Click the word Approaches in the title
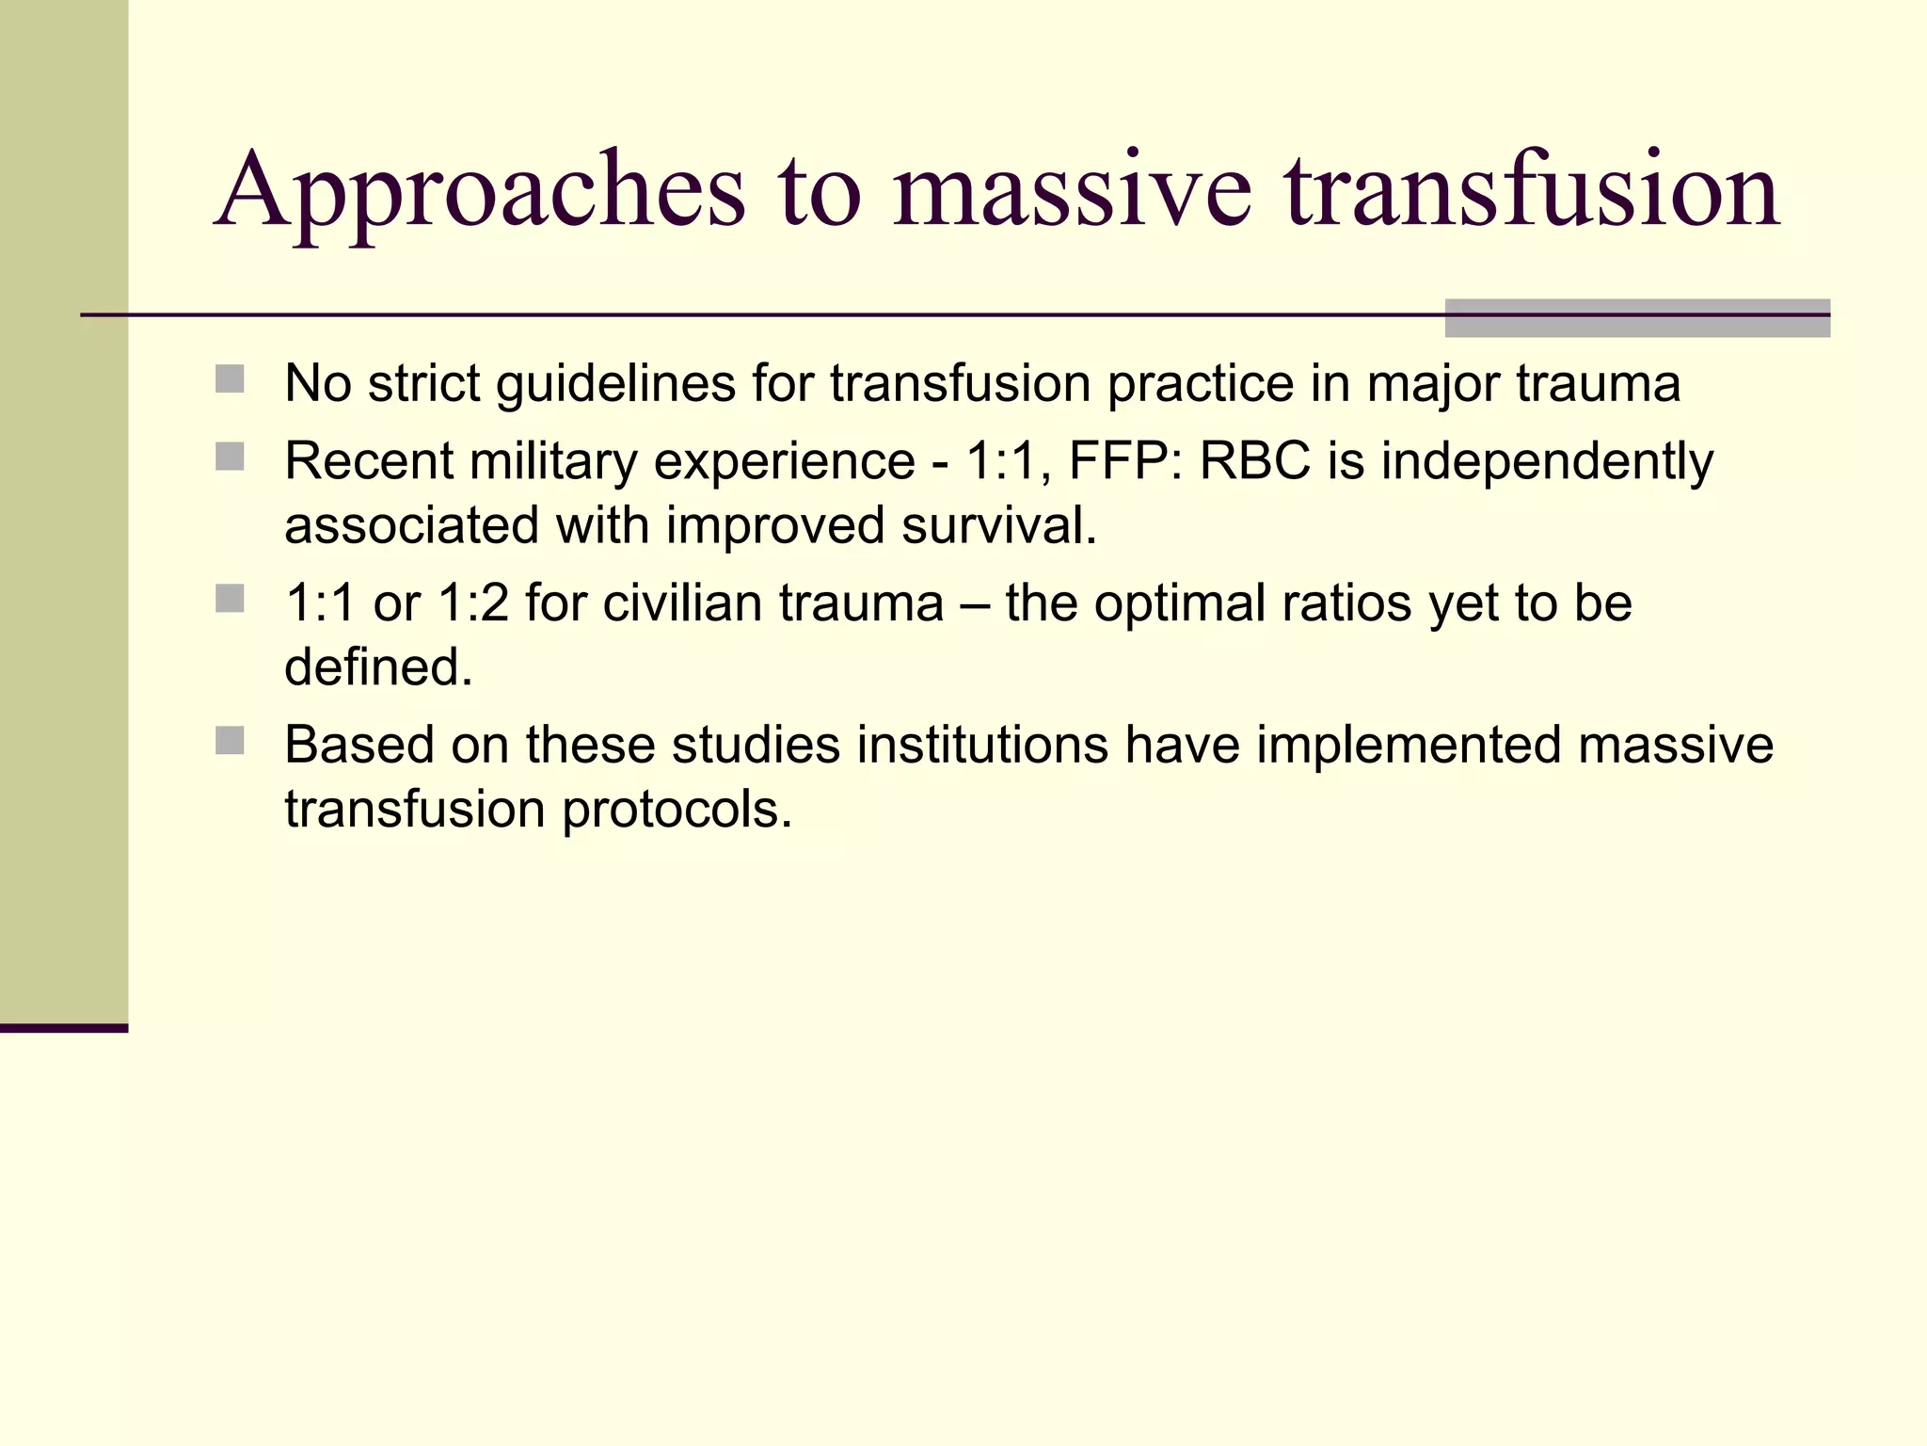[x=480, y=193]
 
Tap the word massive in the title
[x=1072, y=193]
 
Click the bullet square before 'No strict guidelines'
[x=230, y=379]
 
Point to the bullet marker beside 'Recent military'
[x=230, y=458]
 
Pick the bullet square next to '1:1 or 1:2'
[x=230, y=599]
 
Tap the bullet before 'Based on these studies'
[x=230, y=741]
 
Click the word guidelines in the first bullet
[x=615, y=384]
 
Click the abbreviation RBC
[x=1254, y=461]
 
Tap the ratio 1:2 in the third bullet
[x=473, y=603]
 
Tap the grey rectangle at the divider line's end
[x=1637, y=318]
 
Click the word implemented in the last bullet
[x=1409, y=746]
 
